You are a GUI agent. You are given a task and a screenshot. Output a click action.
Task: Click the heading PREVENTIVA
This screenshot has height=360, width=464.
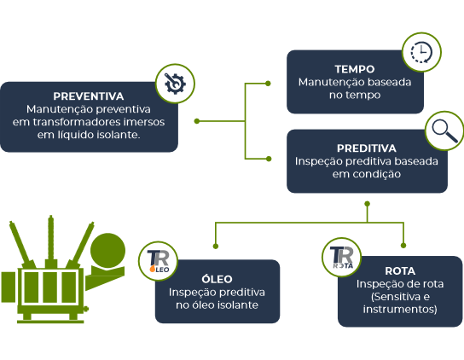tap(89, 96)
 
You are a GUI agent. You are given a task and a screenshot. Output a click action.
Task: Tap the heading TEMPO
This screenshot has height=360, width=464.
tap(355, 69)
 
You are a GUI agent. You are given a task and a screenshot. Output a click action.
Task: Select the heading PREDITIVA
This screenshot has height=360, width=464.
tap(367, 148)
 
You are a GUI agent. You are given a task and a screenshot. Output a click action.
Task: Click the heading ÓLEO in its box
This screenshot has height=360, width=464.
tap(217, 279)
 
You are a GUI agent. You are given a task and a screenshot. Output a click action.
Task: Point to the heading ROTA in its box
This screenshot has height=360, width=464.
tap(400, 271)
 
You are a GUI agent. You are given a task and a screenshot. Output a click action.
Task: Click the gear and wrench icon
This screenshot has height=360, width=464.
tap(175, 84)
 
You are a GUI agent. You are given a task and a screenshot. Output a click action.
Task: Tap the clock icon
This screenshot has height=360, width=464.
tap(421, 52)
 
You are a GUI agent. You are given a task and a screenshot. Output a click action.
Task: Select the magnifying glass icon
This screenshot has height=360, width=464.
tap(444, 131)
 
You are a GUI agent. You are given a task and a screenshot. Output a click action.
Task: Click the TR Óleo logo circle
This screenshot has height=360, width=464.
tap(158, 261)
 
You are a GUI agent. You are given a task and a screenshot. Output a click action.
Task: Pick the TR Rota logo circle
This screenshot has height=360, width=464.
tap(341, 258)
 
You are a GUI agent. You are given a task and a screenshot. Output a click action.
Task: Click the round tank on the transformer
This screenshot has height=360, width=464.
tap(107, 251)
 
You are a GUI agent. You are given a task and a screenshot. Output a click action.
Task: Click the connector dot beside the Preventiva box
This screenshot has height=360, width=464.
tap(197, 121)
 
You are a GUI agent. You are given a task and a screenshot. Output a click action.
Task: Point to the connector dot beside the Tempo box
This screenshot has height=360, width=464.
tap(268, 84)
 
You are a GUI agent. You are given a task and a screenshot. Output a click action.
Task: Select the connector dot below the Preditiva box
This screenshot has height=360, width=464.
tap(368, 204)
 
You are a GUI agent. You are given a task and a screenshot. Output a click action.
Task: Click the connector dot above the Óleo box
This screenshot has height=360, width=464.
tap(216, 246)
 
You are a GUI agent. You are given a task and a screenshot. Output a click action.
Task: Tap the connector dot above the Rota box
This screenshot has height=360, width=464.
tap(403, 246)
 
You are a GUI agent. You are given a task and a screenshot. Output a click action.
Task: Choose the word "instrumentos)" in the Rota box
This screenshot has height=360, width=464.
tap(400, 310)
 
